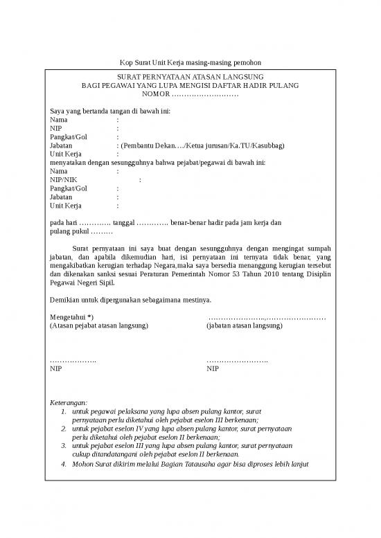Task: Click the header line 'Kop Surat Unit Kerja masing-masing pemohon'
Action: [190, 62]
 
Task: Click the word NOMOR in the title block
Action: [155, 93]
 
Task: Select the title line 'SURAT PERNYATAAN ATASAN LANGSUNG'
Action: [190, 75]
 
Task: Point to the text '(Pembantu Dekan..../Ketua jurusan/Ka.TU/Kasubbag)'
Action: [202, 145]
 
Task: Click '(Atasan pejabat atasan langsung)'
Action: [99, 325]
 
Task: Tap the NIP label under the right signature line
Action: [213, 369]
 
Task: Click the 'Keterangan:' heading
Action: [69, 402]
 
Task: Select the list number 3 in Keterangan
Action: [64, 447]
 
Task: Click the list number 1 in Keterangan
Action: [64, 411]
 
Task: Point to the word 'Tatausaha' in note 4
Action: [193, 464]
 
